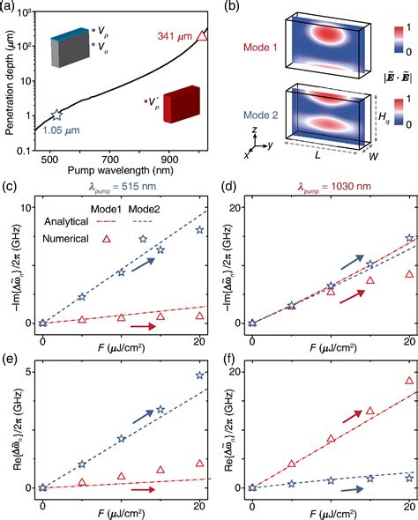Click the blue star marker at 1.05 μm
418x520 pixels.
57,115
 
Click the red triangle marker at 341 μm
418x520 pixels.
202,35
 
